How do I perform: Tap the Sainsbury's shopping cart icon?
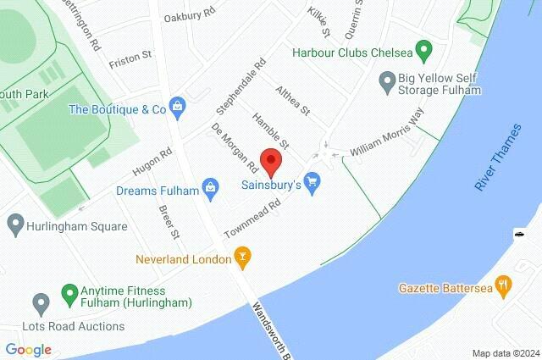(313, 182)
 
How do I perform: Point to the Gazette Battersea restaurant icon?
(504, 288)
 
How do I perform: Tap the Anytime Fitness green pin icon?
(69, 296)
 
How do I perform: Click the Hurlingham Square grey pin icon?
(14, 226)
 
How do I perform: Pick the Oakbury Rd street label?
(190, 16)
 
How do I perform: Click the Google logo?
(28, 349)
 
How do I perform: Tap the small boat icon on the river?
(517, 233)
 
